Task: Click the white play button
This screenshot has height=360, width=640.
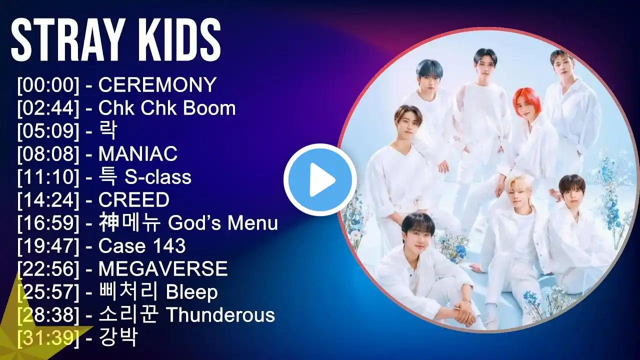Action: pyautogui.click(x=320, y=179)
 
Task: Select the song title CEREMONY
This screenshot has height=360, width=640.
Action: pyautogui.click(x=157, y=85)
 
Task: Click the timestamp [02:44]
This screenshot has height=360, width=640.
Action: pyautogui.click(x=48, y=108)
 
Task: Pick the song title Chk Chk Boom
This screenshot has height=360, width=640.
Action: pyautogui.click(x=167, y=108)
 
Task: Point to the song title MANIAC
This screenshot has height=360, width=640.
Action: pyautogui.click(x=137, y=153)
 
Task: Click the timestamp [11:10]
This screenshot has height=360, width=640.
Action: pyautogui.click(x=48, y=177)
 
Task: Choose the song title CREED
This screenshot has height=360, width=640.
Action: pyautogui.click(x=134, y=199)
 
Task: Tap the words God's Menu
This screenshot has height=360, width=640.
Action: pyautogui.click(x=223, y=223)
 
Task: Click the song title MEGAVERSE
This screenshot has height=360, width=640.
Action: pyautogui.click(x=163, y=268)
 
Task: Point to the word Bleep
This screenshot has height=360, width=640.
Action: pyautogui.click(x=192, y=292)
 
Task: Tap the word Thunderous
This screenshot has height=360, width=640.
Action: pyautogui.click(x=220, y=315)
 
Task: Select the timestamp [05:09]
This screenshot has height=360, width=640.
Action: pyautogui.click(x=48, y=131)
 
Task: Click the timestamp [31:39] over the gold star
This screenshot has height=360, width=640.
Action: pyautogui.click(x=48, y=337)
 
